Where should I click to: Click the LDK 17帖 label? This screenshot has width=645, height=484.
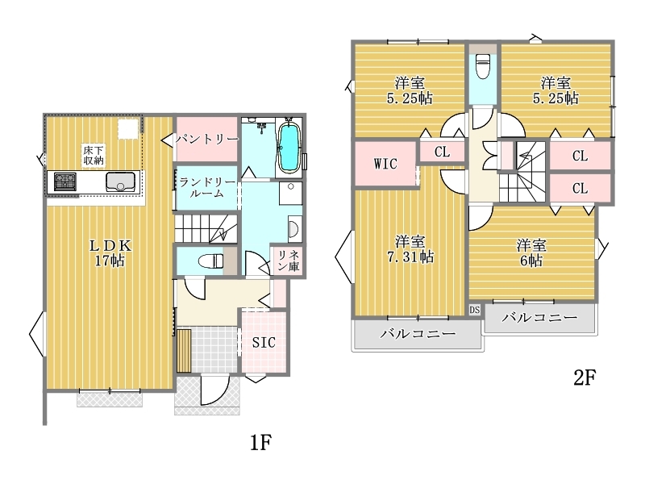110,253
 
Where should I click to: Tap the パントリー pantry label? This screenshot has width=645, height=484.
207,139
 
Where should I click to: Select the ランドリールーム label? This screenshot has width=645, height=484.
207,187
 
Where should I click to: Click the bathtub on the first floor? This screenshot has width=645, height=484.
289,148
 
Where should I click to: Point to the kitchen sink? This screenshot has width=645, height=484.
120,181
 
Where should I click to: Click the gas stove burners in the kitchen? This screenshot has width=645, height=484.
65,182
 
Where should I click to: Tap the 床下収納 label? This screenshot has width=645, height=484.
94,155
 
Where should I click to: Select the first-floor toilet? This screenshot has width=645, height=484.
210,261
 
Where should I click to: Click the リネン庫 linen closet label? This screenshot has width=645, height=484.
289,261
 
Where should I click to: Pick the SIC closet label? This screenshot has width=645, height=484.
264,342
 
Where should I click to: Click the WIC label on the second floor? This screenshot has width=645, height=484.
385,164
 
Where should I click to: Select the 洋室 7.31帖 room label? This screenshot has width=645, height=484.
410,249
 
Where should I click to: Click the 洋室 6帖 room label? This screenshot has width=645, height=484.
531,252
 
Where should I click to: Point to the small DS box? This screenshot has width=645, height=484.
475,310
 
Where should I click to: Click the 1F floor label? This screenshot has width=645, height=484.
260,443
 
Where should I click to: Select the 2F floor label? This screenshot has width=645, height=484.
585,378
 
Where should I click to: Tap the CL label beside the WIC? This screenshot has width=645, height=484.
442,152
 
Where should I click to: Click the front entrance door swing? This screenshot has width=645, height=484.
214,390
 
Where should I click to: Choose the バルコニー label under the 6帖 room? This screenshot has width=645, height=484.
539,317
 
